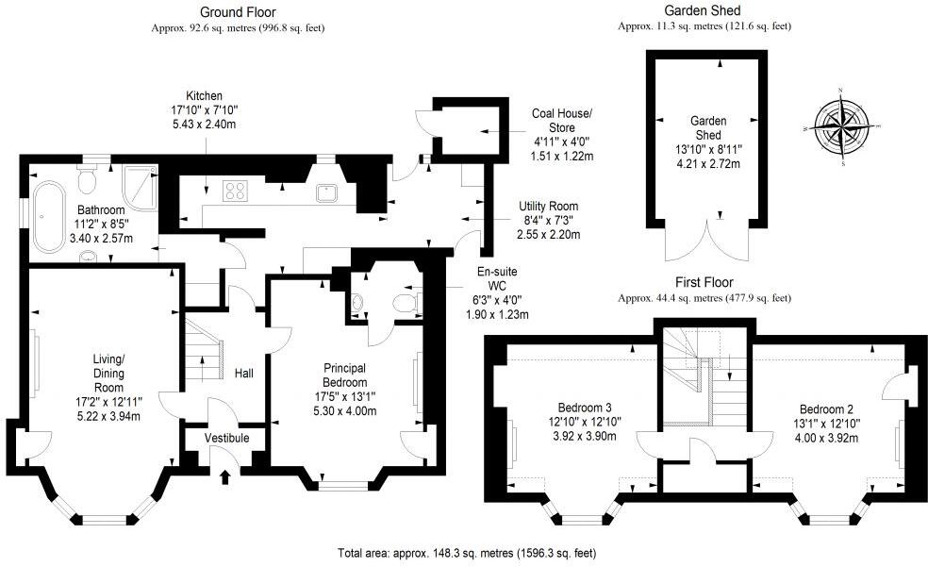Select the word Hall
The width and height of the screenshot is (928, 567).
[243, 374]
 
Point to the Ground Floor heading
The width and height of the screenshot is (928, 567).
[238, 12]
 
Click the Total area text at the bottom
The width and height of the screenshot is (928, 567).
[466, 553]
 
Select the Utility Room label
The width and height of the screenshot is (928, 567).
[548, 206]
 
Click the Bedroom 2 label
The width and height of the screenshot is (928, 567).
[826, 409]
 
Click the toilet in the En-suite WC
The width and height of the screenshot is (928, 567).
[403, 303]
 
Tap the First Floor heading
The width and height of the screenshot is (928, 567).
[704, 282]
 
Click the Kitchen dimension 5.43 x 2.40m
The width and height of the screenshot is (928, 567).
[203, 125]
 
